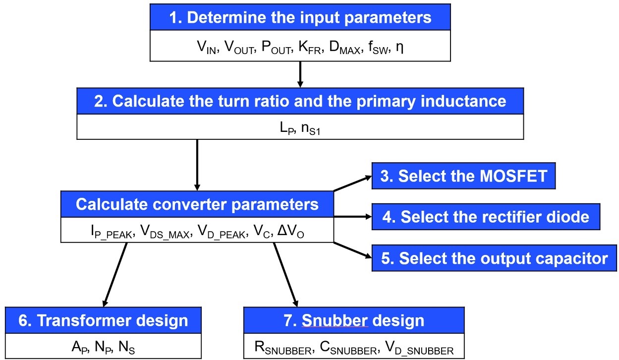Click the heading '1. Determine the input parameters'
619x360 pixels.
pyautogui.click(x=300, y=17)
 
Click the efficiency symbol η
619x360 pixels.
pyautogui.click(x=399, y=48)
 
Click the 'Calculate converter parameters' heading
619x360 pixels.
pyautogui.click(x=197, y=204)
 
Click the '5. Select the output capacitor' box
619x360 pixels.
pyautogui.click(x=495, y=258)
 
